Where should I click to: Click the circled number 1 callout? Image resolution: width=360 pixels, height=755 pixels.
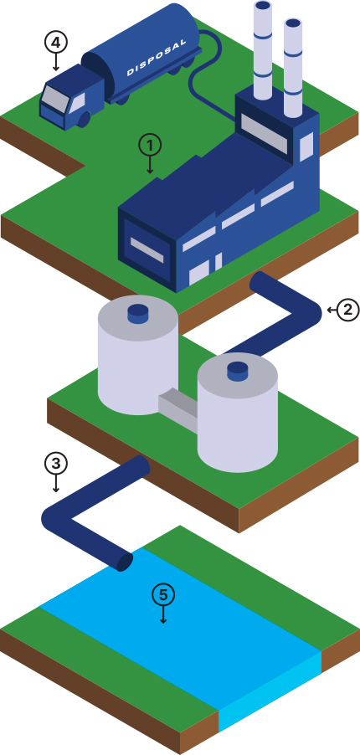coord(149,145)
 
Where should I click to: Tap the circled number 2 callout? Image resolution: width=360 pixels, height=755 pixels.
coord(348,310)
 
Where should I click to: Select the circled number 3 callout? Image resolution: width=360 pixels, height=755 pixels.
coord(56,464)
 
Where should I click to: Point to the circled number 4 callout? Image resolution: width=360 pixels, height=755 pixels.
coord(56,43)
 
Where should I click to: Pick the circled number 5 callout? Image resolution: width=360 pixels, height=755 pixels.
coord(163,595)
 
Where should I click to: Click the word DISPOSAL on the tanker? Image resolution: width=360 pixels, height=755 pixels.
coord(157,58)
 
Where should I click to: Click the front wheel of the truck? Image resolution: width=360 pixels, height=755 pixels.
coord(84,119)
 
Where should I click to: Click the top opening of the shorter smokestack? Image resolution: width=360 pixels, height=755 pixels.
coord(292,23)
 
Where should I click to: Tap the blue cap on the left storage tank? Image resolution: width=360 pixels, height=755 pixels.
coord(137,314)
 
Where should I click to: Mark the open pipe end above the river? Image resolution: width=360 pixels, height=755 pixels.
coord(126,562)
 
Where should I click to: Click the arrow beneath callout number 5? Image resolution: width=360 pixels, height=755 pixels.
coord(163,615)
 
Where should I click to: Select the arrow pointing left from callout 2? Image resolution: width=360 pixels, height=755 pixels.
coord(332,310)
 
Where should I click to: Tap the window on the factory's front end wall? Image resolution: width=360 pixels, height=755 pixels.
coord(147,250)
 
